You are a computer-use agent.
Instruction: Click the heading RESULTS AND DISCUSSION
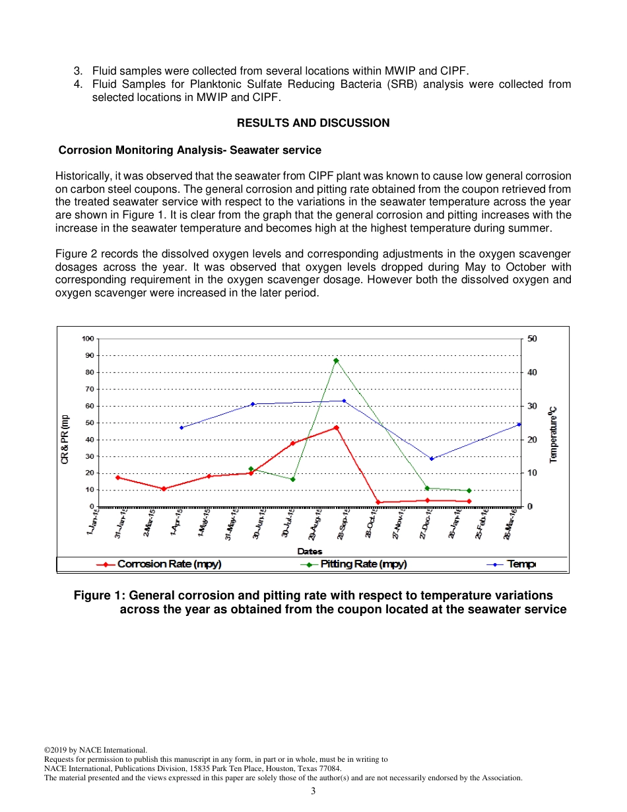tap(313, 123)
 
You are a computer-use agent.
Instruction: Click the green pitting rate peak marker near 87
tap(336, 360)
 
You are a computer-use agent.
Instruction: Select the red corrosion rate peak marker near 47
tap(336, 428)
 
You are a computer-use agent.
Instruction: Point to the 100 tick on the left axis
tap(87, 339)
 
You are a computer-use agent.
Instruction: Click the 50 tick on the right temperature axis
tap(532, 339)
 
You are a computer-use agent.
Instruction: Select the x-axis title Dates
tap(310, 551)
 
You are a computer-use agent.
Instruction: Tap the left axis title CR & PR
tap(65, 439)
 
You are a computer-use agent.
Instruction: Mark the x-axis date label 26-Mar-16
tap(510, 525)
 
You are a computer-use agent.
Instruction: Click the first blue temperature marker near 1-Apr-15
tap(181, 428)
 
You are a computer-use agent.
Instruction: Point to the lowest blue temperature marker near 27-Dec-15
tap(432, 459)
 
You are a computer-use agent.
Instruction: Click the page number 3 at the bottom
tap(313, 791)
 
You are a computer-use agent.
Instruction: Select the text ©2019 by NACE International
tap(95, 750)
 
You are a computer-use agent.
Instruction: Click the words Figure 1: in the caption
tap(96, 595)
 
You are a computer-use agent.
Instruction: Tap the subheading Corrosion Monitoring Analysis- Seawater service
tap(190, 150)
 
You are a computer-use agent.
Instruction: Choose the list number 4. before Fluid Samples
tap(78, 85)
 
